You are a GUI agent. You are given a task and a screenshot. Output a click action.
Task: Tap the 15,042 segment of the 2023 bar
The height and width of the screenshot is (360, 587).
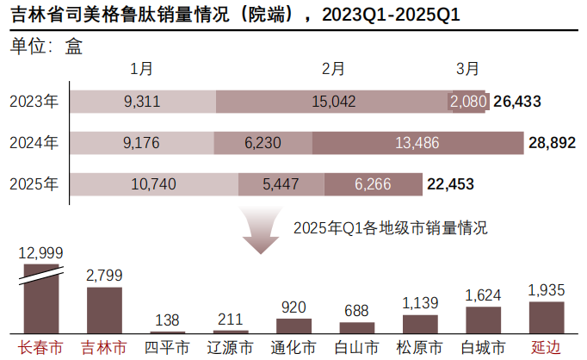click(x=332, y=101)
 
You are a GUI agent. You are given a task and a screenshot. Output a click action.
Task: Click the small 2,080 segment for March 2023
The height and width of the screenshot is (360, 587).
click(x=468, y=101)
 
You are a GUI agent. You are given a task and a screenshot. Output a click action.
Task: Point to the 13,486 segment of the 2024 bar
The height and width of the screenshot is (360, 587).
click(x=417, y=142)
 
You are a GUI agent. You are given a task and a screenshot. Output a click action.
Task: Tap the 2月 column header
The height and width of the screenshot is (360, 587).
click(x=333, y=68)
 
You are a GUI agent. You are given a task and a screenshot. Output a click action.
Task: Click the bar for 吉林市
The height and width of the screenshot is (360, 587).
click(x=104, y=310)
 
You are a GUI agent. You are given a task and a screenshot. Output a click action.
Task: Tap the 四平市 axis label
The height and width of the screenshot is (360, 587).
click(x=167, y=348)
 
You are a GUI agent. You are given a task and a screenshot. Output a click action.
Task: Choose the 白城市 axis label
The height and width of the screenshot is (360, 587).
click(x=482, y=348)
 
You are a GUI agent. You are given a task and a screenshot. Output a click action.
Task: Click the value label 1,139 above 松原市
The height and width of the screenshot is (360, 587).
click(x=420, y=302)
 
